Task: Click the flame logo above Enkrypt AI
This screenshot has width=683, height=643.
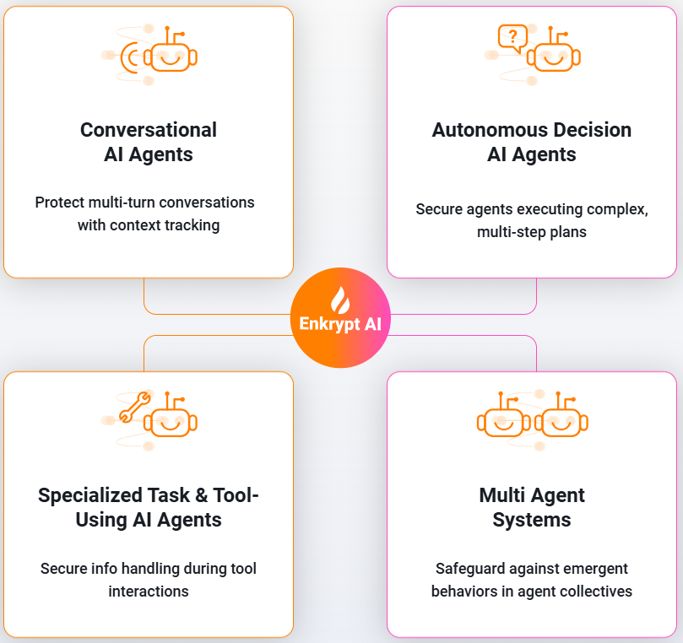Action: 341,300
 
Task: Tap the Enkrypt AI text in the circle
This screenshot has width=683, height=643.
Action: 341,324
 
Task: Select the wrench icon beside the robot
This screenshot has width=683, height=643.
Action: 135,408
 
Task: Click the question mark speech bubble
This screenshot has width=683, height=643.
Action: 512,36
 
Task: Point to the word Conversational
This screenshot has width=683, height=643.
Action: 149,130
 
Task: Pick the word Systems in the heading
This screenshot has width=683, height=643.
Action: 532,520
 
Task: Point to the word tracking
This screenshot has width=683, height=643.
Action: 192,225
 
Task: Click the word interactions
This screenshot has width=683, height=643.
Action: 149,592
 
